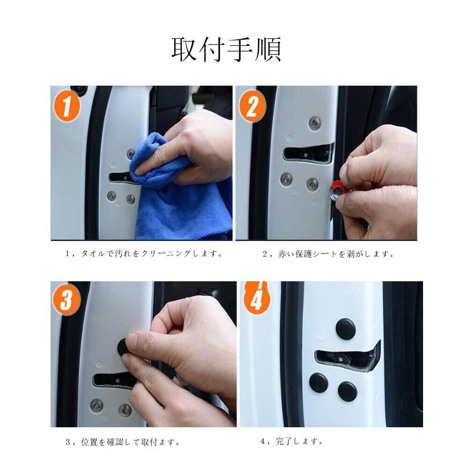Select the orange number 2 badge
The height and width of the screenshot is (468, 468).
[252, 106]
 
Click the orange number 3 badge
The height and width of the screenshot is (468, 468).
[66, 300]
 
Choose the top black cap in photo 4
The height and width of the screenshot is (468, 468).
[345, 329]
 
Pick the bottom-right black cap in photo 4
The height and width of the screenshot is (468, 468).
[347, 391]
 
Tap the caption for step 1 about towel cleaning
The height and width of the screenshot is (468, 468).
[144, 254]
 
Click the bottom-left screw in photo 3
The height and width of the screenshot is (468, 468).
[97, 405]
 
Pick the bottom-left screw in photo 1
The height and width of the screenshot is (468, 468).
[111, 196]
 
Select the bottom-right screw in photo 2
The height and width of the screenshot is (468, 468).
[312, 184]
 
